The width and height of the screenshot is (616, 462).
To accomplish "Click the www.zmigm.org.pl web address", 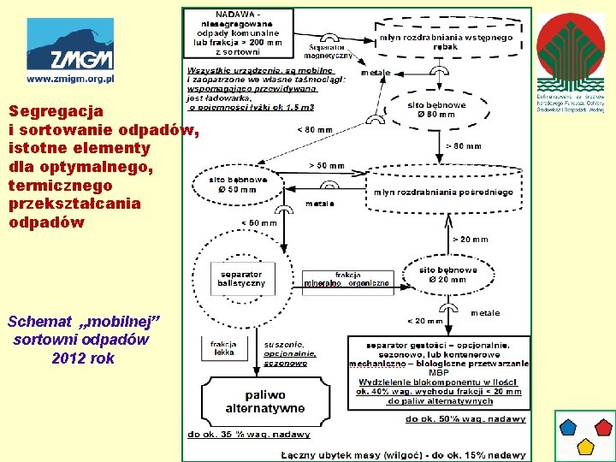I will point(70,78).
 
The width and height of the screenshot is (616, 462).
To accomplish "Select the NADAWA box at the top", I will point(238,33).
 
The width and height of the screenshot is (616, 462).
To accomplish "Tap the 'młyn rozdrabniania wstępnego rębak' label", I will point(445,42).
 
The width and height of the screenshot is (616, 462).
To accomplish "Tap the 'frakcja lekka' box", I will point(223,346).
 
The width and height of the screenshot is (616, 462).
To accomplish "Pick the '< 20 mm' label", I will point(425,321).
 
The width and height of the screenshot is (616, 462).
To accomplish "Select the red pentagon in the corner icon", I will point(603,425).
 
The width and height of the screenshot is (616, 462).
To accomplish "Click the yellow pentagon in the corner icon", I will point(585,445).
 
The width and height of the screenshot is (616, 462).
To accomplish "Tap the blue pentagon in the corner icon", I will point(568,425).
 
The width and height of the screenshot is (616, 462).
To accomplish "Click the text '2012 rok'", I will point(83,358).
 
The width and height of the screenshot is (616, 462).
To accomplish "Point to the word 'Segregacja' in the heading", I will point(44,111).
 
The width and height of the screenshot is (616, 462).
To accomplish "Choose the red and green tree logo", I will point(570,52).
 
